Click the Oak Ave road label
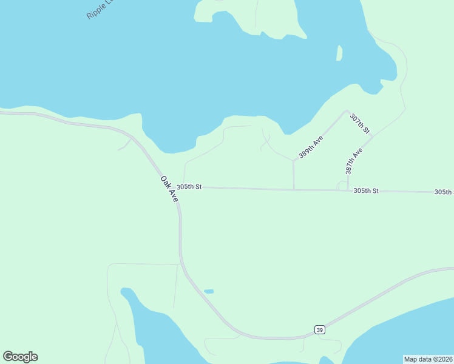click(169, 189)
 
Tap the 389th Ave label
click(311, 147)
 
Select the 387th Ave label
click(354, 160)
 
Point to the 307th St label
click(360, 123)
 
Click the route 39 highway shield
click(320, 329)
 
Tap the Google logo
click(20, 357)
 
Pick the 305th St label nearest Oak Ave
click(189, 186)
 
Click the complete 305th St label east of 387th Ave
click(366, 190)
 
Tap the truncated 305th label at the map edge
click(444, 192)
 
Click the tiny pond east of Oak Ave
click(209, 291)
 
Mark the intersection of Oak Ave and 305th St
click(177, 187)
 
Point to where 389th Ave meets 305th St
click(294, 189)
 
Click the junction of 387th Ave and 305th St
click(348, 190)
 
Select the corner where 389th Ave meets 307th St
click(347, 111)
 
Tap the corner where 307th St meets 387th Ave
click(373, 136)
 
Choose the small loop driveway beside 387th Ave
click(342, 185)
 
